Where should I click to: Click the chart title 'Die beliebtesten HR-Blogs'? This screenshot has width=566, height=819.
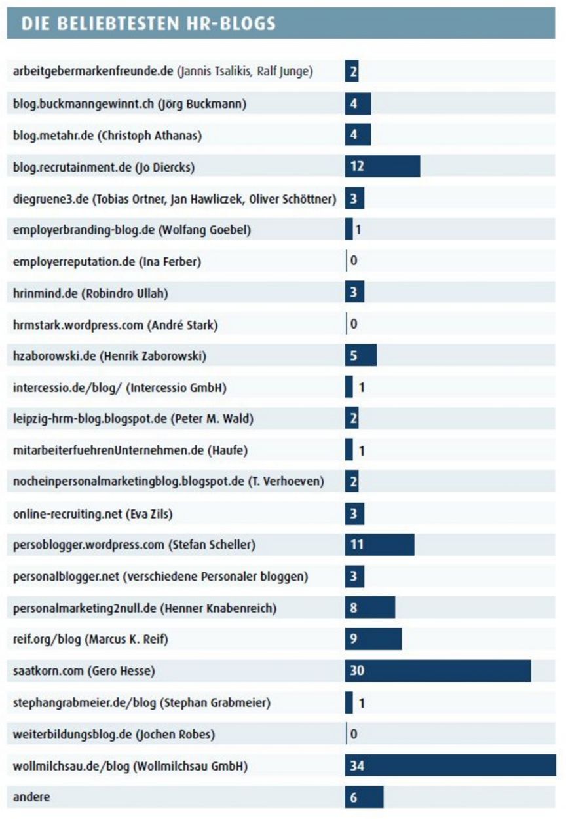click(x=148, y=24)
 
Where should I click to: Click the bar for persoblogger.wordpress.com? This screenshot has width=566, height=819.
click(x=379, y=544)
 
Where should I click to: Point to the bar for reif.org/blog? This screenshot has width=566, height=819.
click(x=373, y=639)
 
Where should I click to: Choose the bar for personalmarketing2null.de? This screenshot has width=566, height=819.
click(x=369, y=608)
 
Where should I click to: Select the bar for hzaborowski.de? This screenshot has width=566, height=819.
click(x=360, y=355)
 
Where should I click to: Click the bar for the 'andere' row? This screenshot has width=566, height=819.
click(x=364, y=797)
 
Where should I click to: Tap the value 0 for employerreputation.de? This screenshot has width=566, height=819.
click(x=354, y=261)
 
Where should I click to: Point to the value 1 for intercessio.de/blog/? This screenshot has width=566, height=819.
click(x=362, y=388)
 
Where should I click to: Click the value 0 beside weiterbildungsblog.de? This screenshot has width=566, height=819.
click(x=354, y=734)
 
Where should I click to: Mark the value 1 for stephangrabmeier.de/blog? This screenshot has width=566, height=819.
click(x=362, y=702)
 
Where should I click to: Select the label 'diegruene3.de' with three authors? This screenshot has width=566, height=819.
click(x=174, y=198)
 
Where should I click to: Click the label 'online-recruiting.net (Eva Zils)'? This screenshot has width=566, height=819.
click(x=92, y=513)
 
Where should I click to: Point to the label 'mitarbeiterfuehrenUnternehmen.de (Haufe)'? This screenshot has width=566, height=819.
click(x=130, y=450)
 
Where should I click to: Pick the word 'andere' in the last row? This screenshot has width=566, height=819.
click(x=31, y=797)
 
